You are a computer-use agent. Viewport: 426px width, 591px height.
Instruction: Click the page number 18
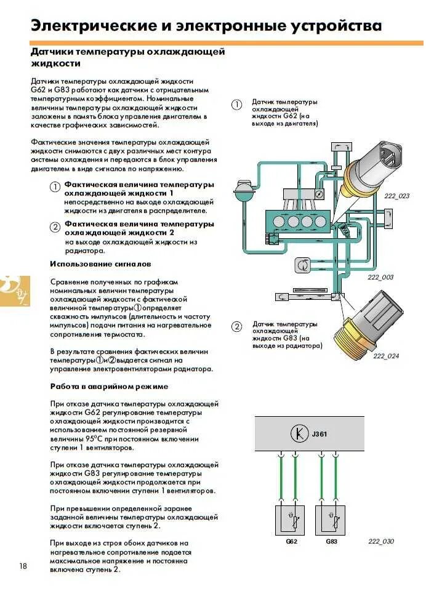tap(23, 566)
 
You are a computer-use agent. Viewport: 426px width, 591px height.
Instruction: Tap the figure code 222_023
tap(396, 196)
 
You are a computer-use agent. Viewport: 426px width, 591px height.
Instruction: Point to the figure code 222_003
tap(380, 277)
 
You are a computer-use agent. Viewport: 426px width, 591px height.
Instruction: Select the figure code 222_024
tap(386, 356)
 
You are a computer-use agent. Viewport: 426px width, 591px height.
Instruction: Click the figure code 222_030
tap(380, 541)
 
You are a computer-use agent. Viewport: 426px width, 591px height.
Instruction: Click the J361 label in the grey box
tap(319, 434)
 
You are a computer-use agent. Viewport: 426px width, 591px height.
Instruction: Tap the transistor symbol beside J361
tap(299, 434)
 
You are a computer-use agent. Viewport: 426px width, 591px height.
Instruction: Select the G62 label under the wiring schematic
tap(291, 541)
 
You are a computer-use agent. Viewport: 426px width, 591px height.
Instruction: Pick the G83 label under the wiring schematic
tap(331, 541)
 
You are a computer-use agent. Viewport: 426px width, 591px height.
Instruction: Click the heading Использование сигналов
tap(100, 264)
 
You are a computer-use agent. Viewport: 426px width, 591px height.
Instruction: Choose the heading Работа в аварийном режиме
tap(109, 387)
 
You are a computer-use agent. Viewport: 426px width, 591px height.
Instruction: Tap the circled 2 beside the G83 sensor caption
tap(236, 326)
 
